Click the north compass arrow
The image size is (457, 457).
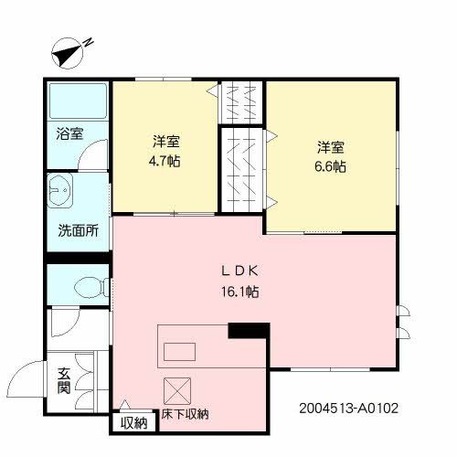(67, 54)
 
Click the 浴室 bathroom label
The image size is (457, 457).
(69, 133)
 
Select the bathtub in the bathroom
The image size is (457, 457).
(78, 102)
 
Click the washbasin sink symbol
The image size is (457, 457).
(62, 192)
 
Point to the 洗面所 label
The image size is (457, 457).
(79, 231)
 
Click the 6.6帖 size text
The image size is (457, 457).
(331, 166)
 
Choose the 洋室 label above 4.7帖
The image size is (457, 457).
(165, 143)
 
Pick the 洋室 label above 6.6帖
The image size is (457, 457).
(331, 146)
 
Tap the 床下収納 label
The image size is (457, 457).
(186, 414)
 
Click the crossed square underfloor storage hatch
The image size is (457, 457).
(176, 390)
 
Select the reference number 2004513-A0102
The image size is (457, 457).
(348, 409)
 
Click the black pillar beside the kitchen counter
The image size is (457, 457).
(247, 332)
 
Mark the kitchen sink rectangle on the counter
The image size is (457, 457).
(181, 352)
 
